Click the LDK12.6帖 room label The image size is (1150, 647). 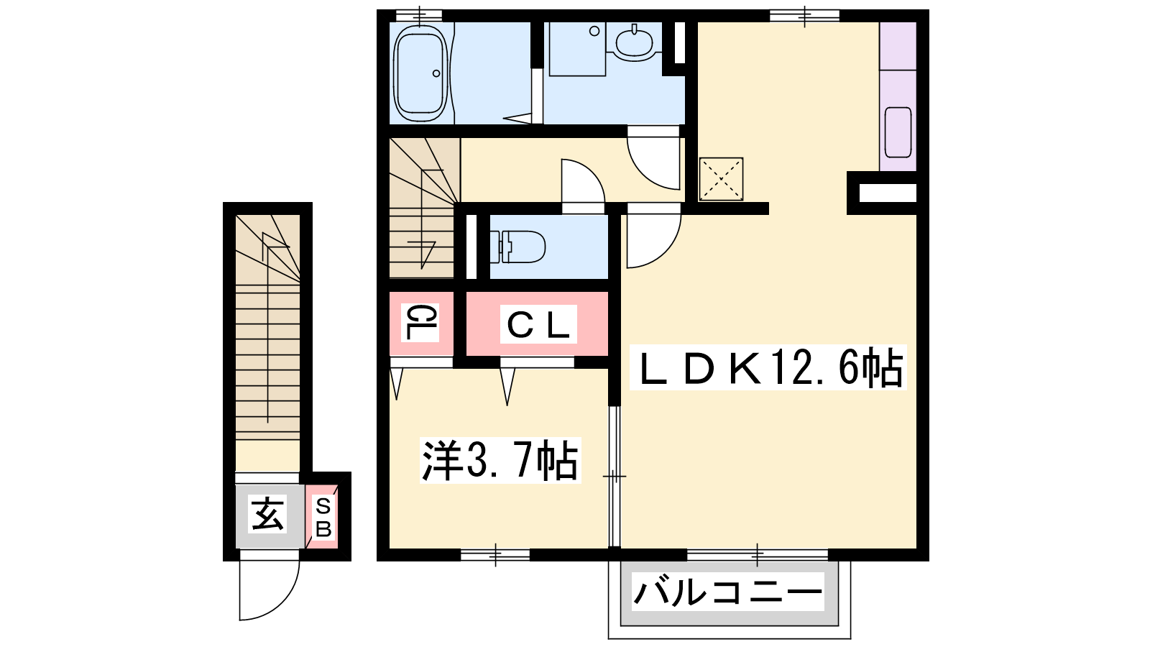[768, 367]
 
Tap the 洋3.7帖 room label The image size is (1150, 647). [500, 460]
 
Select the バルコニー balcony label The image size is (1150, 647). [728, 592]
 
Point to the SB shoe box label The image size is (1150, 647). [323, 518]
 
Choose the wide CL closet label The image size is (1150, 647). [538, 324]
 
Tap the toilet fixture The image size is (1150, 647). [517, 247]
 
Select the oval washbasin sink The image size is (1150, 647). [634, 43]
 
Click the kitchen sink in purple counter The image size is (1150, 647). [898, 132]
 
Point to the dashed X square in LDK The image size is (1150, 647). [722, 179]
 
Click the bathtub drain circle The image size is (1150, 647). [436, 73]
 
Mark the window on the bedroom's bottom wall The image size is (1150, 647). [495, 555]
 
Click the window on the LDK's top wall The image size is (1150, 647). [804, 15]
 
